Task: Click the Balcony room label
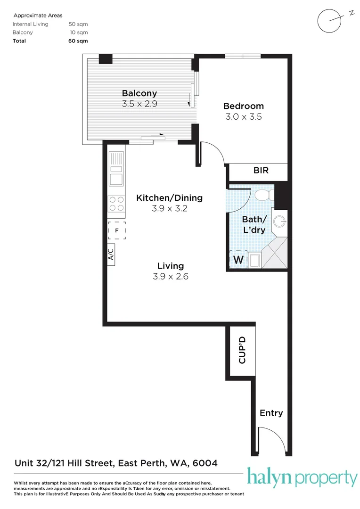139,93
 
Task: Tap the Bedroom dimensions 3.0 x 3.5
243,116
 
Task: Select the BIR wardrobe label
261,171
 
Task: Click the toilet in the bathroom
262,194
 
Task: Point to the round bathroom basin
280,220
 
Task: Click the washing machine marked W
238,259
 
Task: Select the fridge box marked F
116,230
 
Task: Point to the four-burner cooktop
116,204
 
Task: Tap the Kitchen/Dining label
169,198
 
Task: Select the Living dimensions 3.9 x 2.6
170,277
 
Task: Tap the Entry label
271,413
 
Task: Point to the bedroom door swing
212,153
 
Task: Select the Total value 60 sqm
78,41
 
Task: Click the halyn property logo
302,478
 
